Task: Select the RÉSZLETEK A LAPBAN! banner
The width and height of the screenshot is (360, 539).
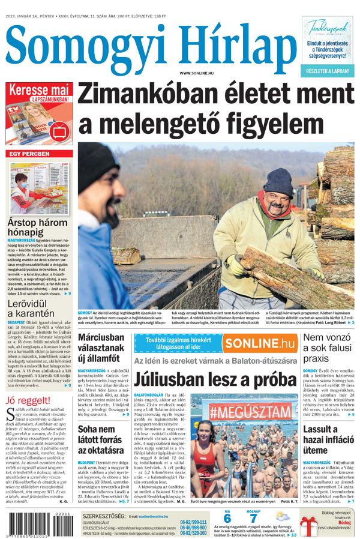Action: point(329,71)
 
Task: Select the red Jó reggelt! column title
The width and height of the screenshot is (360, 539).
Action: point(28,400)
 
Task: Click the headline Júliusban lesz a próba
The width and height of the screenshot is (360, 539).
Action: point(215,380)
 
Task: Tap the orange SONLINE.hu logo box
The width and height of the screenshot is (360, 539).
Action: point(260,343)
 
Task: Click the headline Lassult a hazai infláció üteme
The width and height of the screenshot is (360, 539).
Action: point(328,439)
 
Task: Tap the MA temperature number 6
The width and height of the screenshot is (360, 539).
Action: point(227,518)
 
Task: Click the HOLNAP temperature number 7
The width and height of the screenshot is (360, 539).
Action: point(253,518)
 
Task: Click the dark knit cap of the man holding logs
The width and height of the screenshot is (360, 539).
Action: point(278,181)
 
